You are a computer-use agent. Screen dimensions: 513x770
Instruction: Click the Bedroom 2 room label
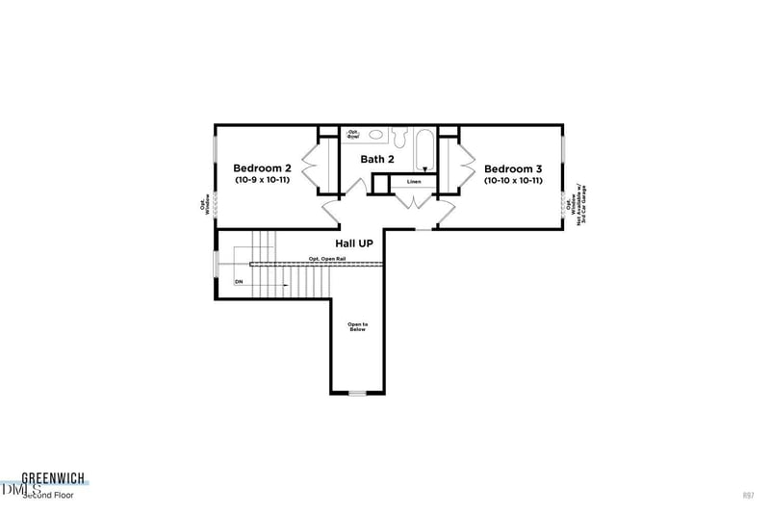click(x=263, y=167)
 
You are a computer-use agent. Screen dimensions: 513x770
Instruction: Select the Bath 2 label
click(x=377, y=159)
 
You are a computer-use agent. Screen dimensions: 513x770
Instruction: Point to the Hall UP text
click(x=353, y=244)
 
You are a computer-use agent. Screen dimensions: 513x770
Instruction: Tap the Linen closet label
click(x=414, y=181)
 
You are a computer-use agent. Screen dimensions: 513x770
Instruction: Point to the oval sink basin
click(x=376, y=136)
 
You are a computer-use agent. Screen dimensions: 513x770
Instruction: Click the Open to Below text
click(x=357, y=327)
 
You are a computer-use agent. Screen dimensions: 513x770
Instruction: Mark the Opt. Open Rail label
click(x=327, y=259)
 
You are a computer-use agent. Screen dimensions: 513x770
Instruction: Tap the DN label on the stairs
click(x=239, y=282)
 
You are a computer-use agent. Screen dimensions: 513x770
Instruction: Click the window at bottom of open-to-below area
click(x=357, y=393)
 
